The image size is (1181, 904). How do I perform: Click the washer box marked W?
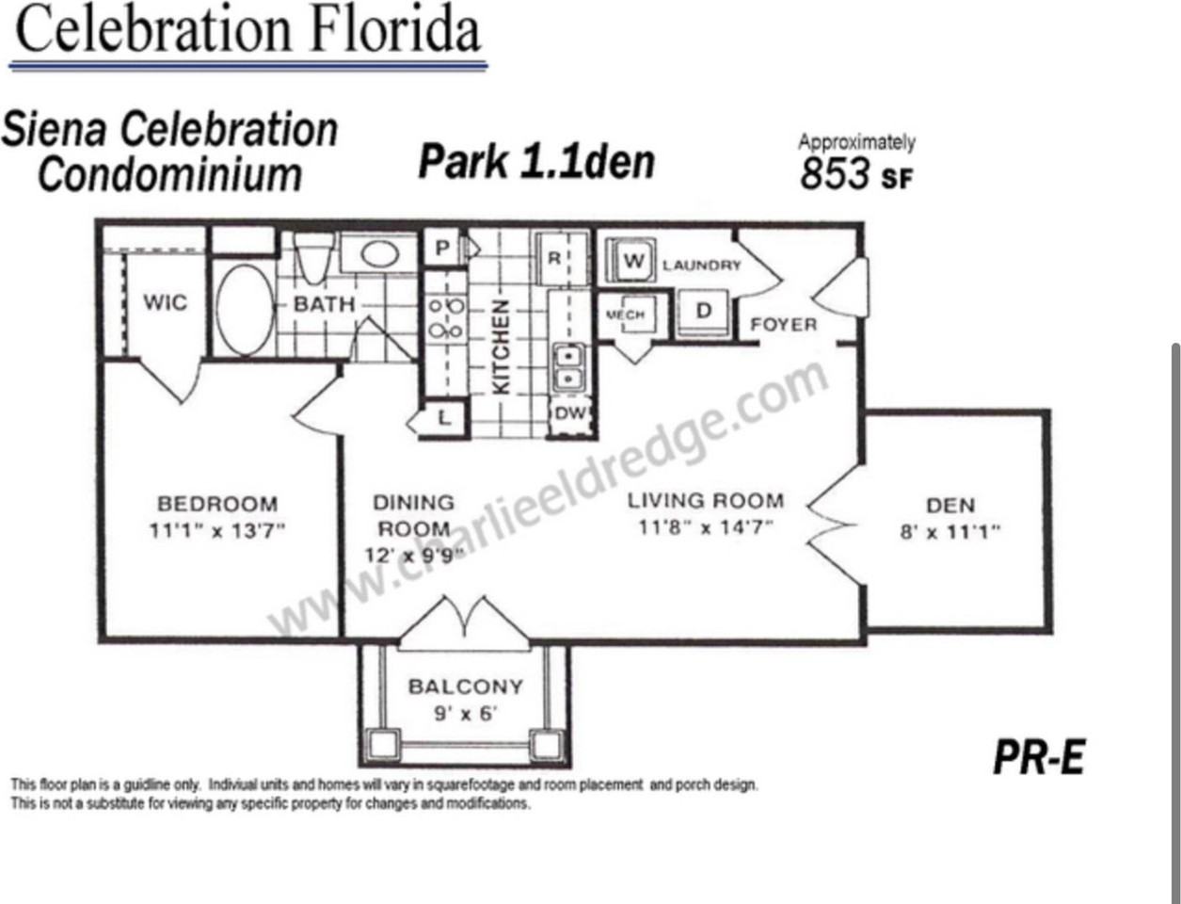coord(633,261)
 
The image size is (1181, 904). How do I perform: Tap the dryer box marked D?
coord(703,312)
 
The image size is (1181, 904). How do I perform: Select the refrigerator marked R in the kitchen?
coord(555,257)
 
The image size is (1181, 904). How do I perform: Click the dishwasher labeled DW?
coord(569,414)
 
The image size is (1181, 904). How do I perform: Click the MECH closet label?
coord(625,315)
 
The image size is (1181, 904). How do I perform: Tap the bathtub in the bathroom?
coord(245,310)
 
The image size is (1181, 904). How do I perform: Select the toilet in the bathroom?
coord(312,255)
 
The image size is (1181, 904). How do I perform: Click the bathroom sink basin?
coord(378,253)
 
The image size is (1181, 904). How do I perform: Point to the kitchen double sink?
coord(567,367)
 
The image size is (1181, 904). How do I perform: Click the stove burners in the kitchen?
coord(445,318)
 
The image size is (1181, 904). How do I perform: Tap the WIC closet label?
coord(165,302)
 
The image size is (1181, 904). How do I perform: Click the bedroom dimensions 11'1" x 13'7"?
coord(216,530)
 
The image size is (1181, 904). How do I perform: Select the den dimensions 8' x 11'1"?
coord(950,531)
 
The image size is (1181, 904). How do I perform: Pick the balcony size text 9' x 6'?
coord(464,713)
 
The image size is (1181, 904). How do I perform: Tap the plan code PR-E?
coord(1039,757)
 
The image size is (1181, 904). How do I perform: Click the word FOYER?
coord(783,325)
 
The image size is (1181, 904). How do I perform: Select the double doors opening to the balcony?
coord(464,623)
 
